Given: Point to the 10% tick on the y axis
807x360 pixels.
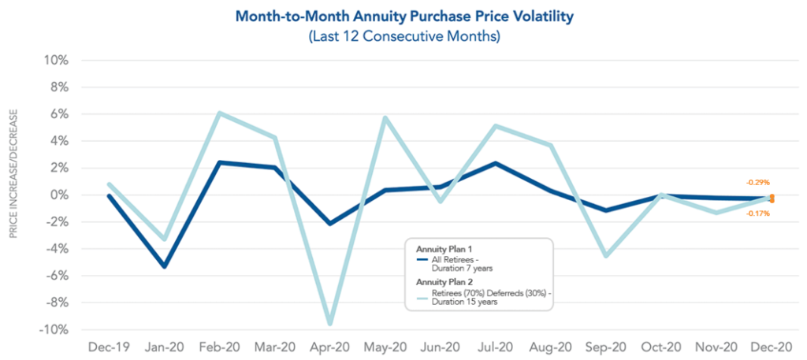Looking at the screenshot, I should [58, 61].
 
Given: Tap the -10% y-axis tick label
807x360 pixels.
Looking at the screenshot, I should [53, 330].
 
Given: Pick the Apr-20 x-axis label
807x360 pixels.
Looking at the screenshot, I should [329, 347].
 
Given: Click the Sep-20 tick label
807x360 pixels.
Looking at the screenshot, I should [604, 347].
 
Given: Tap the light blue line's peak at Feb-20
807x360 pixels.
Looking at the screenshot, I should [219, 113].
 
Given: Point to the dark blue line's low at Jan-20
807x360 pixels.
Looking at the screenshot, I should [165, 266].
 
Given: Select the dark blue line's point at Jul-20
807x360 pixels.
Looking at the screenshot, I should [495, 163].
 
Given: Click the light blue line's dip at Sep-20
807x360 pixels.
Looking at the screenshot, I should [605, 256].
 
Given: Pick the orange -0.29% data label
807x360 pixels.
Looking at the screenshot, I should [757, 182].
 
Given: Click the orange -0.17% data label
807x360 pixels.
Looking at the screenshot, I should [757, 213].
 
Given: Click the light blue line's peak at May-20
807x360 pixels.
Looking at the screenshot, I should [385, 118].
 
